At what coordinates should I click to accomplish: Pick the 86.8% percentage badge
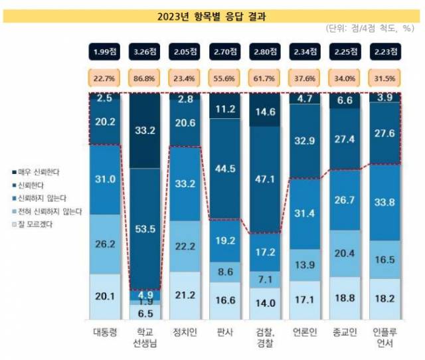point(144,78)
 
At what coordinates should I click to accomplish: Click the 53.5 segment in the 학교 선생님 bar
point(144,229)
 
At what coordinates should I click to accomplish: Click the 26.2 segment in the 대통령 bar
point(104,244)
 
